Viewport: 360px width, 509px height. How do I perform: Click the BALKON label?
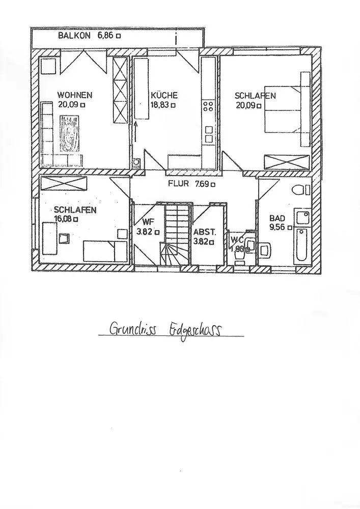pyautogui.click(x=74, y=36)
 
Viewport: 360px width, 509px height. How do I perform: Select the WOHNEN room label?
pyautogui.click(x=74, y=95)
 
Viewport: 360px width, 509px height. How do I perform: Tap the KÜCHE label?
pyautogui.click(x=164, y=95)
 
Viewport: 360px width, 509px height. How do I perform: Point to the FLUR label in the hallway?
pyautogui.click(x=179, y=184)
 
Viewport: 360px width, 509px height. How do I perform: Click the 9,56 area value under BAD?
pyautogui.click(x=278, y=228)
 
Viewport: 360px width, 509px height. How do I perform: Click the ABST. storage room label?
pyautogui.click(x=205, y=232)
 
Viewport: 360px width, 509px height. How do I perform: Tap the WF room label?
pyautogui.click(x=148, y=221)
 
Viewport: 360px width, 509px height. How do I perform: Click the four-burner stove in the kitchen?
pyautogui.click(x=208, y=106)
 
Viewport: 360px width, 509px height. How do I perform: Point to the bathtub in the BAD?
pyautogui.click(x=301, y=246)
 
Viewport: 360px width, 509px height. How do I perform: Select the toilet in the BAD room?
pyautogui.click(x=301, y=190)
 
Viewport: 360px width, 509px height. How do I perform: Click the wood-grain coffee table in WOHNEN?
pyautogui.click(x=70, y=133)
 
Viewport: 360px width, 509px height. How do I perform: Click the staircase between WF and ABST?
pyautogui.click(x=175, y=234)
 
